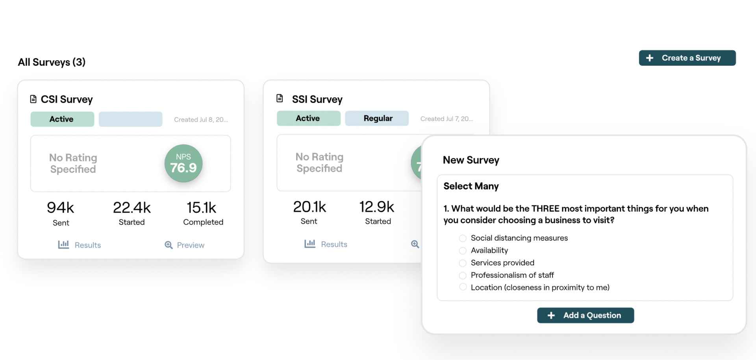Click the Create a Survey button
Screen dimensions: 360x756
tap(687, 58)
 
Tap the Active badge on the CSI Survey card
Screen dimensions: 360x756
tap(62, 119)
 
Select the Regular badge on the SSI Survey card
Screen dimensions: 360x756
tap(377, 118)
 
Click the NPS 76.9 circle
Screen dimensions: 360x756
tap(183, 163)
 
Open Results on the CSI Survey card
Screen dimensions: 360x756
tap(80, 245)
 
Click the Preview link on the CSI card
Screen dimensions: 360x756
tap(185, 245)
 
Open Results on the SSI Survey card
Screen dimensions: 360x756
tap(326, 244)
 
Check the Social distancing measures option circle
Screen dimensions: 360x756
tap(463, 238)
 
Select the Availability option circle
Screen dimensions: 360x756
tap(463, 251)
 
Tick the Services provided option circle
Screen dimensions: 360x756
tap(463, 263)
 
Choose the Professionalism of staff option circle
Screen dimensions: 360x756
tap(463, 275)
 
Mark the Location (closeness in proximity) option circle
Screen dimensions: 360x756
tap(463, 287)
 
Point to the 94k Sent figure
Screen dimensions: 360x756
tap(61, 208)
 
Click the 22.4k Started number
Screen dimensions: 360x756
tap(132, 208)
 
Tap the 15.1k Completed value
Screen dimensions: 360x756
tap(202, 208)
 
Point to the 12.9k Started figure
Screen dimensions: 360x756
tap(377, 207)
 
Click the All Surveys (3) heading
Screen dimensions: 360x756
tap(52, 62)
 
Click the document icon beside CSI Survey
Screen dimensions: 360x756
tap(33, 99)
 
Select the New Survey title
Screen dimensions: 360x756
tap(471, 160)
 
